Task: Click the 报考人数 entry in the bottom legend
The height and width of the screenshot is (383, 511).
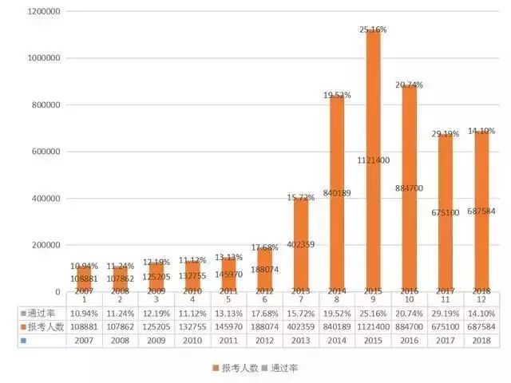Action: coord(235,368)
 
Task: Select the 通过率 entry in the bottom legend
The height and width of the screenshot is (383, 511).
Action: coord(279,368)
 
